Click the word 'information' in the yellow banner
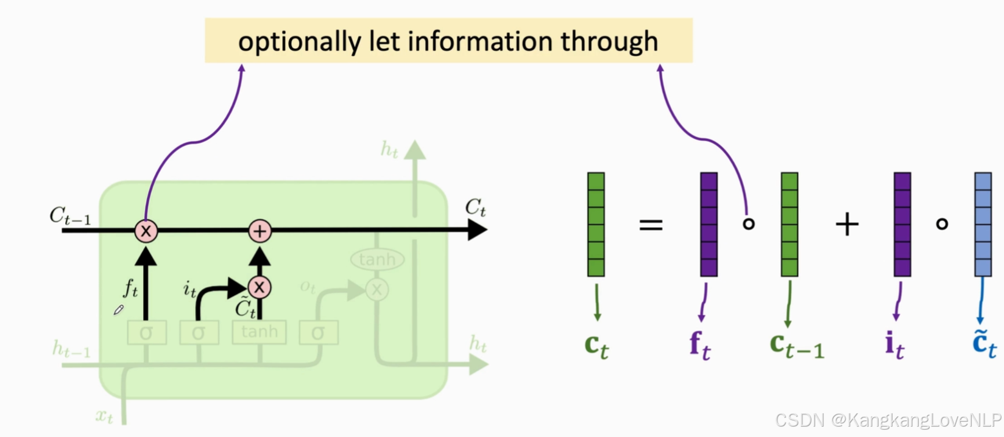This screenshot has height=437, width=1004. click(x=479, y=41)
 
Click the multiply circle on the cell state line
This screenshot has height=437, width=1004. click(x=146, y=231)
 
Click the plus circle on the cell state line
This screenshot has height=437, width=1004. click(x=260, y=231)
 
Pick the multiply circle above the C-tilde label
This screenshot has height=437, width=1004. click(x=260, y=287)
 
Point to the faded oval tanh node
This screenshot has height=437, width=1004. click(x=377, y=260)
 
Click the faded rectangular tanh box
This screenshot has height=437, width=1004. click(x=259, y=332)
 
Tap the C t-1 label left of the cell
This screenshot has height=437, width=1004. click(x=70, y=216)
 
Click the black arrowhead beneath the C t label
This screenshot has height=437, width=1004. click(x=477, y=230)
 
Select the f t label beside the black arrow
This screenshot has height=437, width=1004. click(x=130, y=287)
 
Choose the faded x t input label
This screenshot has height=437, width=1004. click(x=105, y=416)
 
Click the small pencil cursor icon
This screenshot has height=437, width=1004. click(x=119, y=310)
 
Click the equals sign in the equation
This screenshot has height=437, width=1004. click(x=651, y=225)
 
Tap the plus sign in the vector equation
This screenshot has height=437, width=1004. click(x=847, y=225)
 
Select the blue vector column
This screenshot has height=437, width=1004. click(x=983, y=224)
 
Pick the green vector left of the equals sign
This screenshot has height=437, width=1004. click(x=596, y=224)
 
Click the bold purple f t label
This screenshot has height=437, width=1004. click(x=700, y=346)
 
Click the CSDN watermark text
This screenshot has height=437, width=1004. click(x=888, y=420)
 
